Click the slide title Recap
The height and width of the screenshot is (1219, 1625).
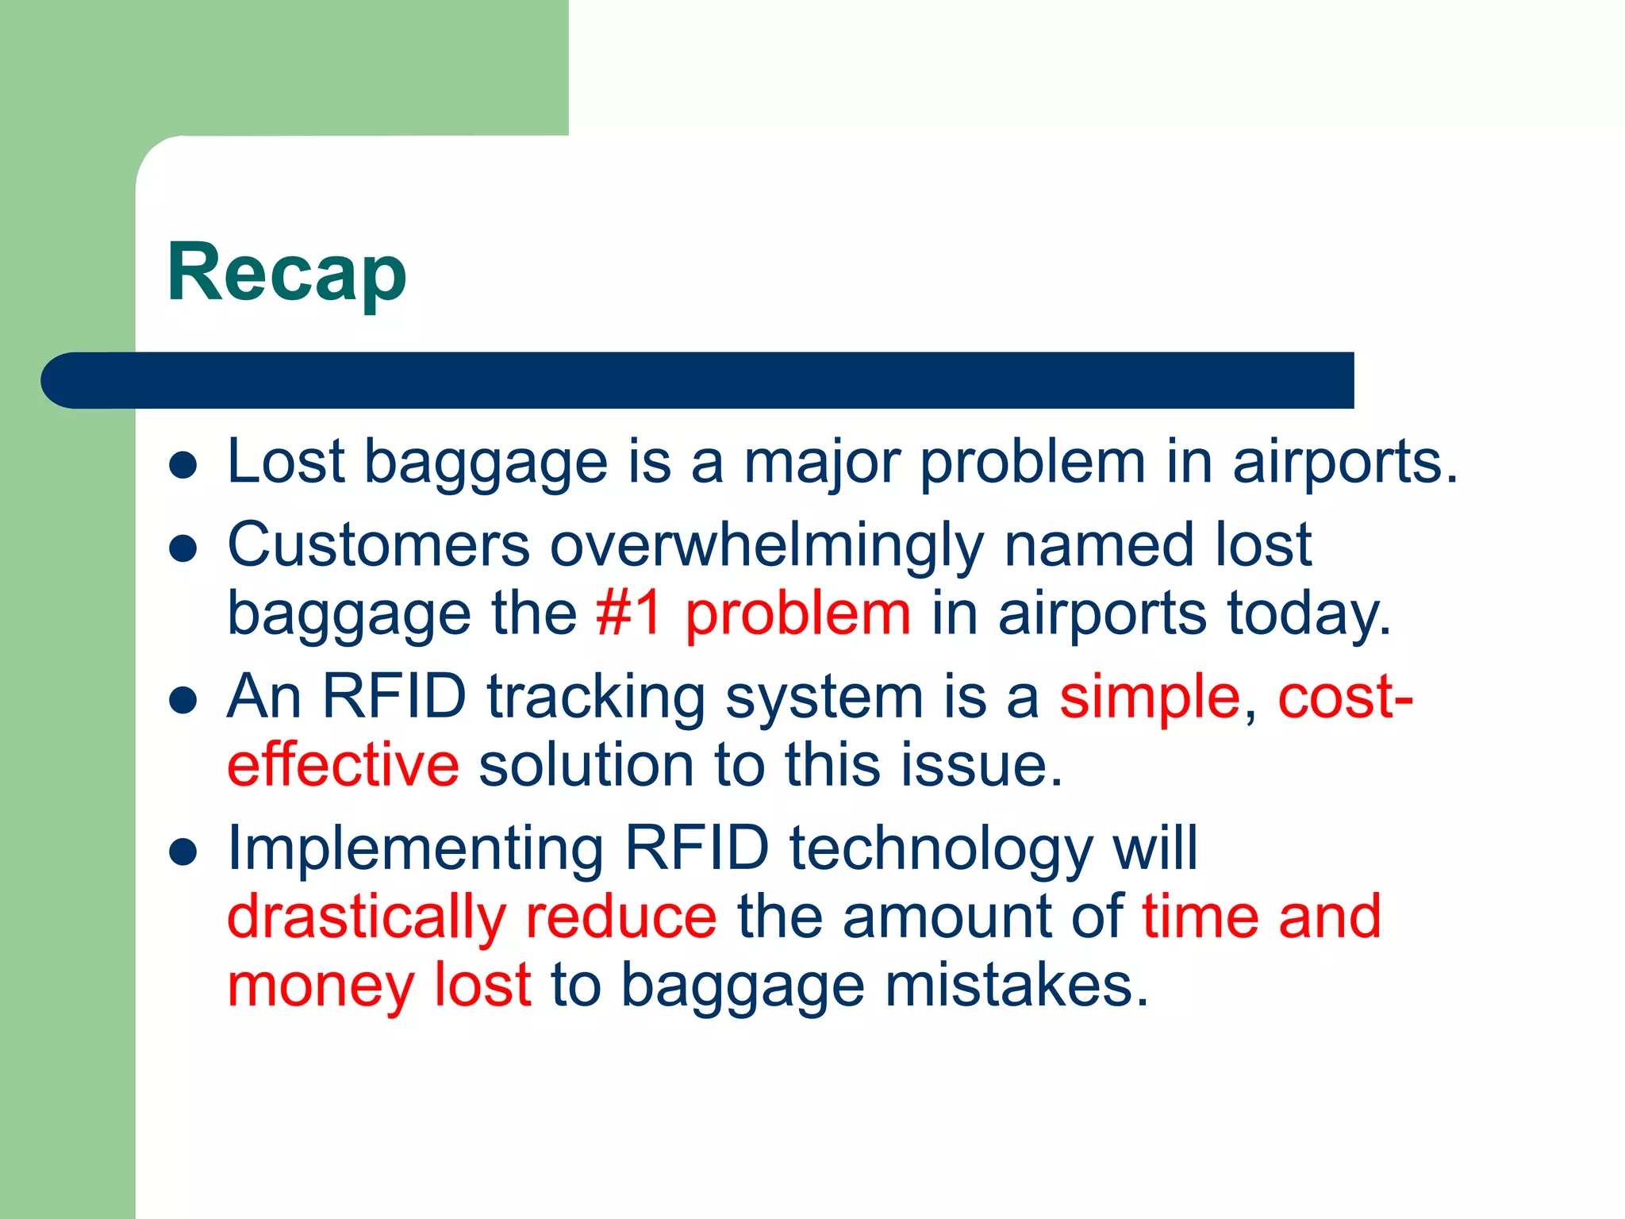click(286, 273)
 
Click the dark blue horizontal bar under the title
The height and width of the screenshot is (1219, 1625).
click(698, 380)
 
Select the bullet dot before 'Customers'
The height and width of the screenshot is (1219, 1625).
click(183, 548)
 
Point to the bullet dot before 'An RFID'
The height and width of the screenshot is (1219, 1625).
click(183, 701)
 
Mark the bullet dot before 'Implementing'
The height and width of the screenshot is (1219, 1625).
click(183, 852)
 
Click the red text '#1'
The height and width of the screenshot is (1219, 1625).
click(628, 613)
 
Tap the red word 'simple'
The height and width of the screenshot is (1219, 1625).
click(1149, 697)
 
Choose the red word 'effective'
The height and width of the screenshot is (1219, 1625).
click(343, 765)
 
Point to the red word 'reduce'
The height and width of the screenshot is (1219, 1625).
click(621, 917)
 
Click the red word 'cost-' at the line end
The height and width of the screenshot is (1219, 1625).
click(1345, 697)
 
